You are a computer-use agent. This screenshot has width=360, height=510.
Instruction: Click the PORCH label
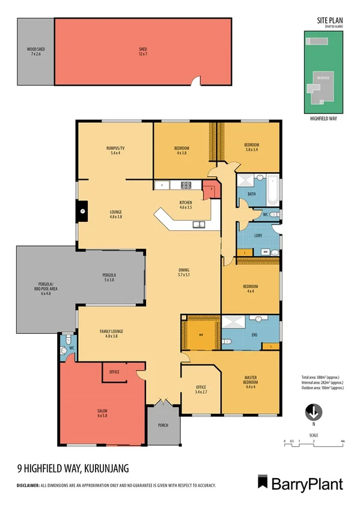(163, 425)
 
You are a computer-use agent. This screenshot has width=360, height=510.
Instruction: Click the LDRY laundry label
(257, 235)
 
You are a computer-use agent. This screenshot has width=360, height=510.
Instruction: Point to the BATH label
(252, 194)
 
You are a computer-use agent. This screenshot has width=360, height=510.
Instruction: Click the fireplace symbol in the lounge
(82, 210)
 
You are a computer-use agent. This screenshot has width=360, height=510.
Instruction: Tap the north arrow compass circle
(313, 413)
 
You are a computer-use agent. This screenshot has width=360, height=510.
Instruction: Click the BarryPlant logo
(301, 484)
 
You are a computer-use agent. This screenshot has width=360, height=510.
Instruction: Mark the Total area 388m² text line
(322, 376)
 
